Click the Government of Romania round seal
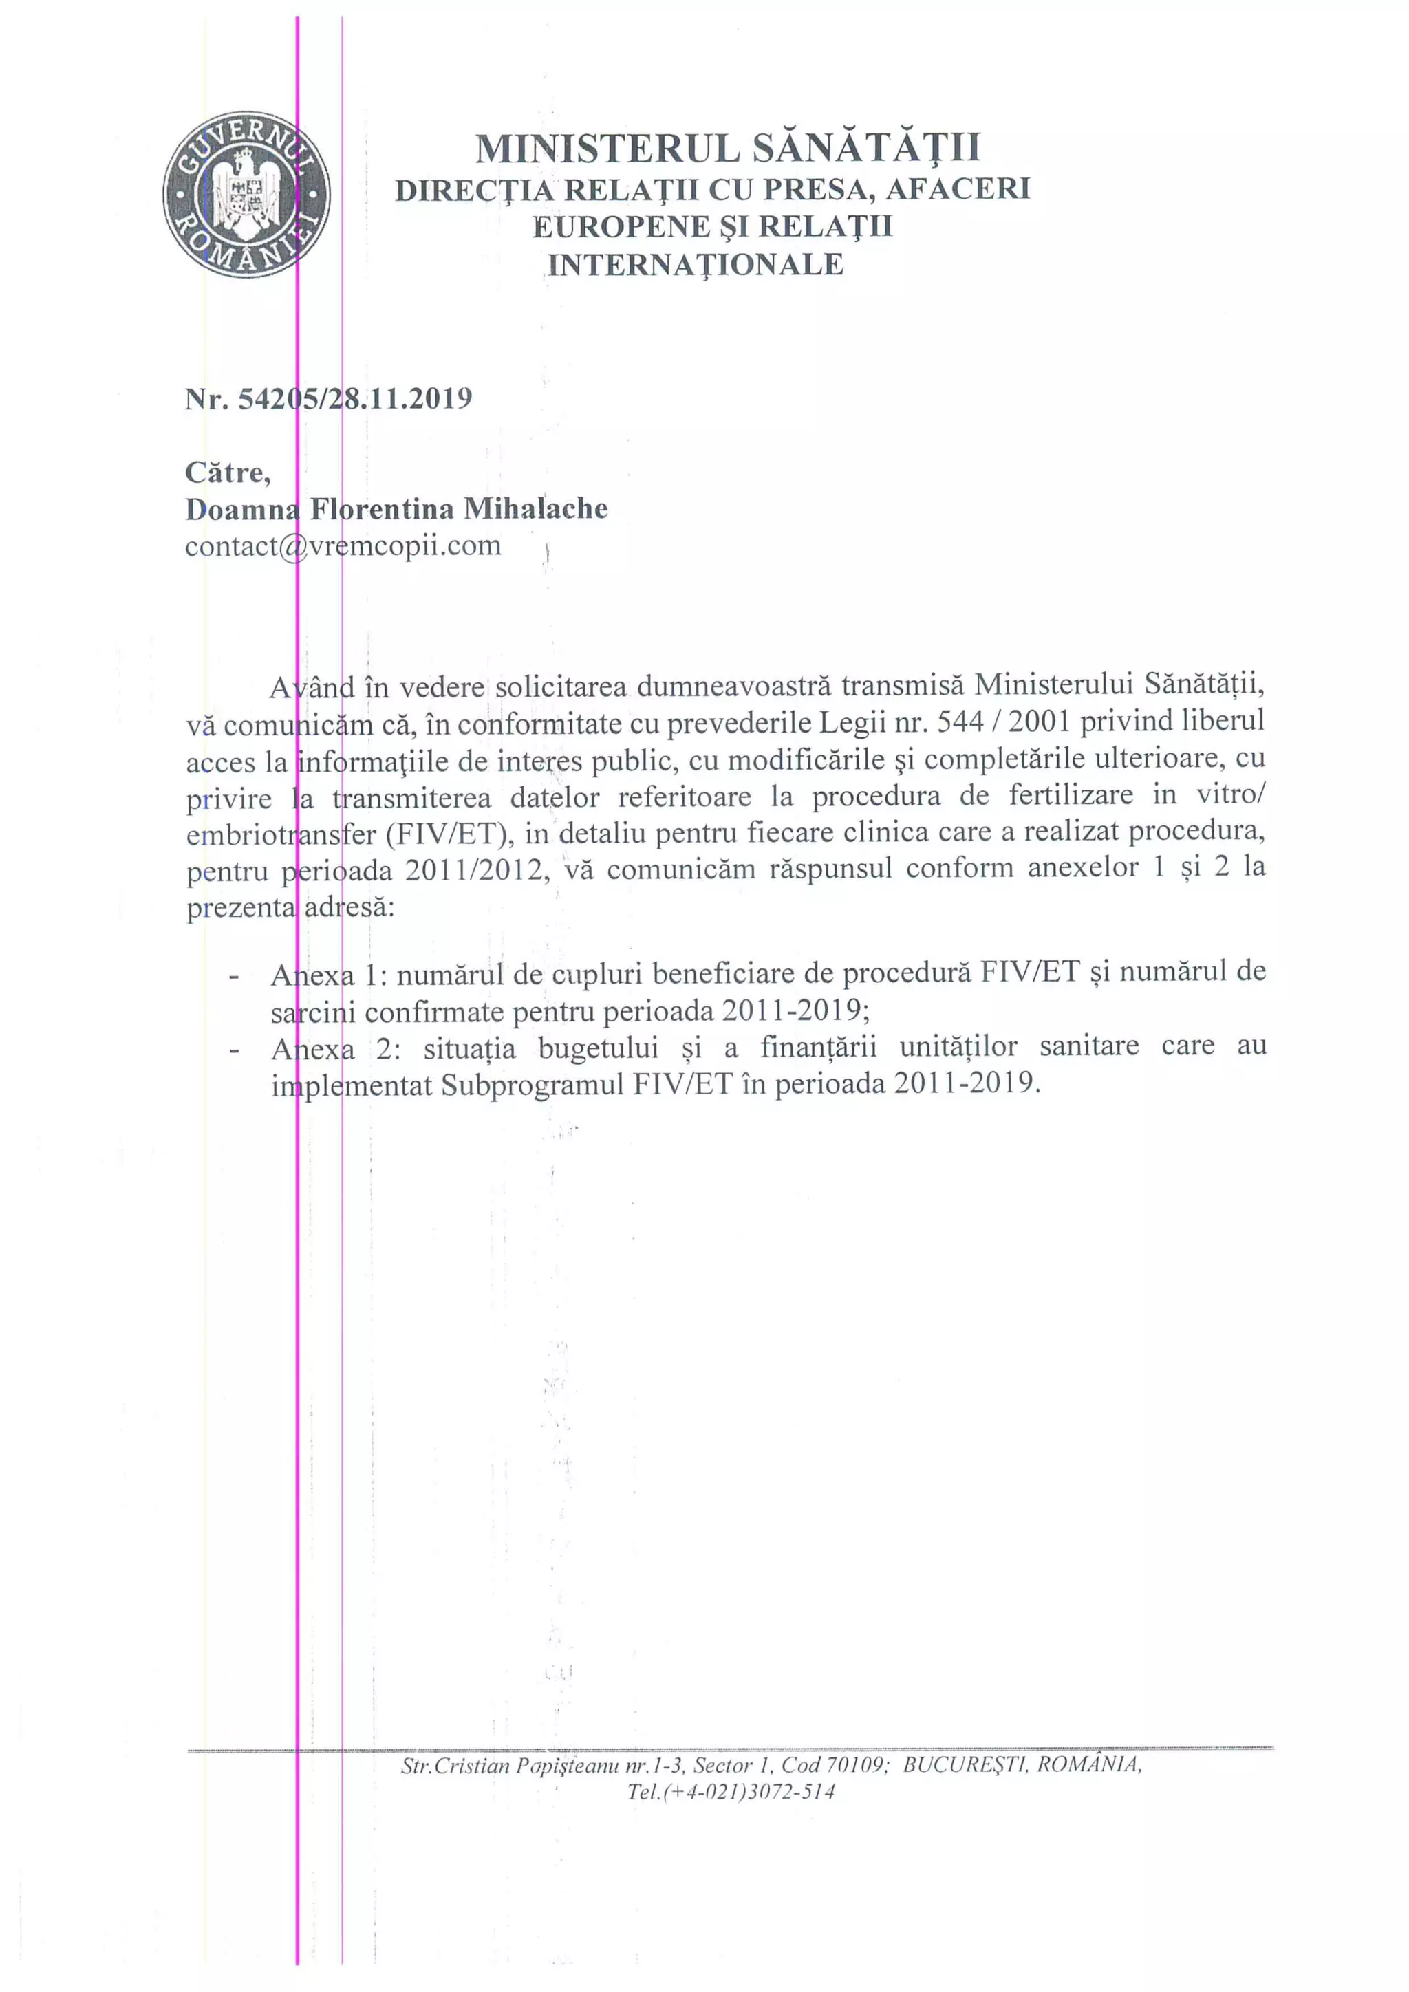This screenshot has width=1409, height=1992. [246, 195]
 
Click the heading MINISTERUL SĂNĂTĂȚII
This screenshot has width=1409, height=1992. [727, 147]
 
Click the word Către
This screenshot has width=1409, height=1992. [227, 472]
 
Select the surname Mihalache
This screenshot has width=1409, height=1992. [535, 508]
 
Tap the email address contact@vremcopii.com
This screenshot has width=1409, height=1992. [343, 545]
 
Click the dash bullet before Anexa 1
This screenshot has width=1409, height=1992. [233, 976]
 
